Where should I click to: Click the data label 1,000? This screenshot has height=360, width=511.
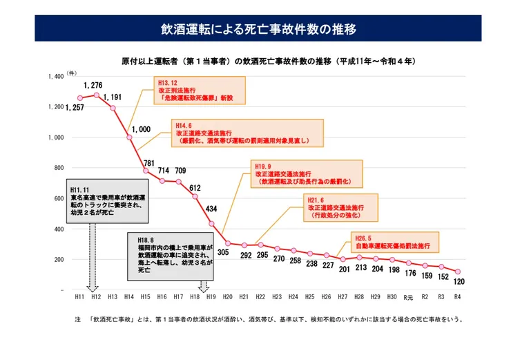coord(140,129)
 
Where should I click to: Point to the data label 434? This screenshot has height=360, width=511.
coord(211,208)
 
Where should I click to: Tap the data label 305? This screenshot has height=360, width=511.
coord(222,254)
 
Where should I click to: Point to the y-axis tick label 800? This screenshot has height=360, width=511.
coord(57,168)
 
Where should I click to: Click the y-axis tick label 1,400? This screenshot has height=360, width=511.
coord(55,77)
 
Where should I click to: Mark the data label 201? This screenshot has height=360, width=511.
coord(343,269)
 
